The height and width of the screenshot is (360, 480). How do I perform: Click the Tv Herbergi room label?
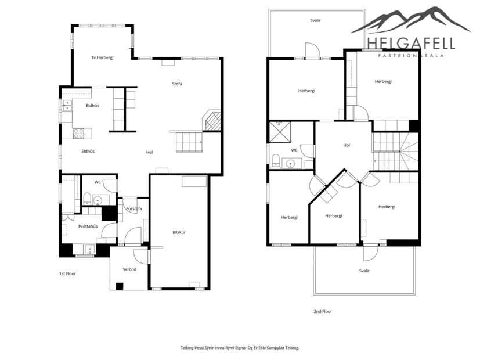click(102, 57)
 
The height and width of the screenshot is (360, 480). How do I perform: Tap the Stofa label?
click(177, 84)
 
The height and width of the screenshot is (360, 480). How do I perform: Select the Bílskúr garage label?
click(179, 232)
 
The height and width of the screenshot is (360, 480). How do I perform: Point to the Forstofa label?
click(134, 208)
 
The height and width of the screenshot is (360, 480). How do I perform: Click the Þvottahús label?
click(88, 226)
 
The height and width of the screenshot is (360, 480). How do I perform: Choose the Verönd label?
click(129, 269)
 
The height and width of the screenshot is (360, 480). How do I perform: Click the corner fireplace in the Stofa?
click(212, 121)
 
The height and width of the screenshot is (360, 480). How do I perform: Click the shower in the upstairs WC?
click(280, 132)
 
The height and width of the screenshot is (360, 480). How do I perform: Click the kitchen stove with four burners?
click(78, 134)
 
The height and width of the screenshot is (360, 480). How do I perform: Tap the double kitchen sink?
click(68, 105)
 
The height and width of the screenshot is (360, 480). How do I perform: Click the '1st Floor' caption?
click(67, 273)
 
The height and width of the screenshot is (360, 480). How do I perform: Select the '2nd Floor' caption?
click(323, 311)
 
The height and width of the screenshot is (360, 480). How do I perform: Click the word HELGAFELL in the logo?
click(410, 43)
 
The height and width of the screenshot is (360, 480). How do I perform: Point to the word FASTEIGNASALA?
click(410, 56)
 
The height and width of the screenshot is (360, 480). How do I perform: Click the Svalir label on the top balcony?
click(316, 20)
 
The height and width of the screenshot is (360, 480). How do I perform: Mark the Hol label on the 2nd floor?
click(347, 145)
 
